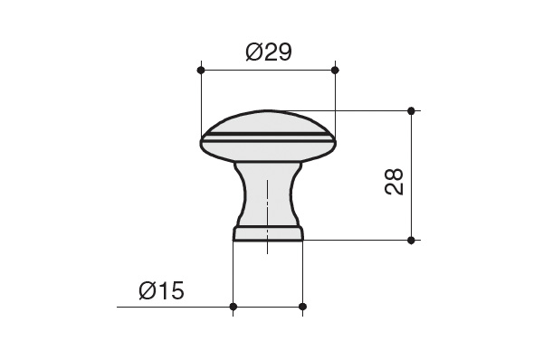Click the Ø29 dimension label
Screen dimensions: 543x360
(269, 52)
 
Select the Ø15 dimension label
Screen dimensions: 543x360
(161, 290)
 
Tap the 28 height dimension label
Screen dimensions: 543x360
(394, 182)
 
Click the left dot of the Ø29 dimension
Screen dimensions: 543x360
(201, 71)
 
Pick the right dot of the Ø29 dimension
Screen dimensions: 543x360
(335, 71)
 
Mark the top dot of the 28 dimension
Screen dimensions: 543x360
(411, 111)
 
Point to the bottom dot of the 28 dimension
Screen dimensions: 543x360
(411, 241)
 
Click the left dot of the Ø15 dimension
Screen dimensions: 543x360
(233, 307)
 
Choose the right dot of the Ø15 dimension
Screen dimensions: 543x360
(302, 307)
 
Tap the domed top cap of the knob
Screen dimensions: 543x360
(268, 122)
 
